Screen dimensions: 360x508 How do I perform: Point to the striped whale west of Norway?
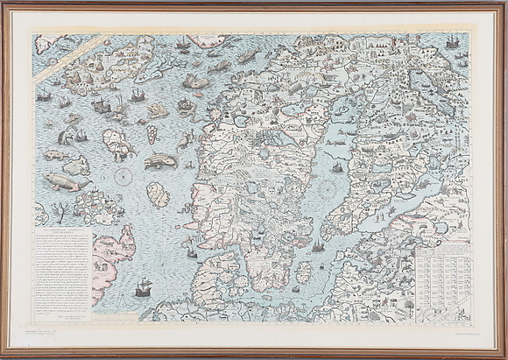[x=161, y=161]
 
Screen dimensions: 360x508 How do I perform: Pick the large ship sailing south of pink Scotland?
[x=143, y=287]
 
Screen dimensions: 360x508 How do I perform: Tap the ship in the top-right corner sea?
[x=453, y=41]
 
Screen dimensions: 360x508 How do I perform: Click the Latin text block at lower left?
[x=67, y=262]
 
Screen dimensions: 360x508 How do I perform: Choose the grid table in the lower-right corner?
[x=442, y=272]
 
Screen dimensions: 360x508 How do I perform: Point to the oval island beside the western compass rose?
[x=157, y=194]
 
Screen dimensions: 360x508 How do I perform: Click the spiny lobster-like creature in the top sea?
[x=246, y=57]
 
